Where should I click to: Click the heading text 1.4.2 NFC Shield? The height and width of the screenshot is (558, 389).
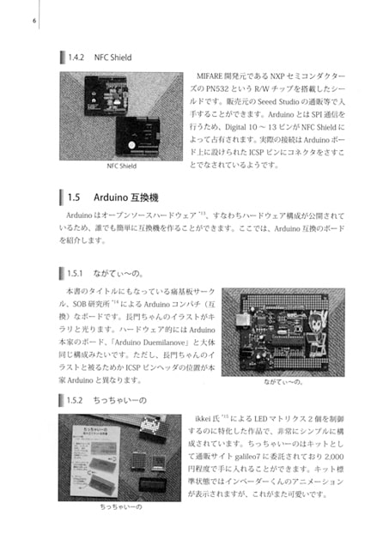[100, 58]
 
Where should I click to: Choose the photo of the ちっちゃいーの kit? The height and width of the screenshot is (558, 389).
[119, 457]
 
